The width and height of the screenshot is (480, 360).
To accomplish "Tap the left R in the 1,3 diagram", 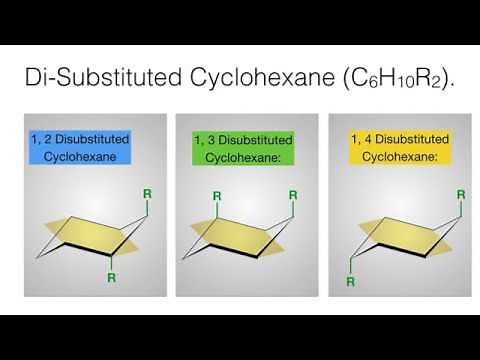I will [217, 195].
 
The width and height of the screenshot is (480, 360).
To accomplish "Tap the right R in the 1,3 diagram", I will [293, 194].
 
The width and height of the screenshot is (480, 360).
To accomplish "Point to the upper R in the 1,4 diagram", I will [459, 194].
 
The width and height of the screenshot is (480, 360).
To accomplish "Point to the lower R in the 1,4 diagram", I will [351, 282].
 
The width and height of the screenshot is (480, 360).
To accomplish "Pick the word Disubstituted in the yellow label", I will [411, 138].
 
